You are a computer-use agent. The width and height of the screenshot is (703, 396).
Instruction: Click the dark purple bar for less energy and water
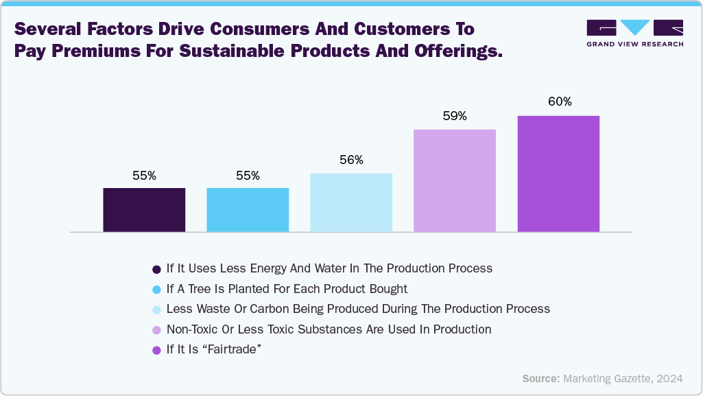pos(144,209)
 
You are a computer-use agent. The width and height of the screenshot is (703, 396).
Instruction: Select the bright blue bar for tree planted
pos(248,209)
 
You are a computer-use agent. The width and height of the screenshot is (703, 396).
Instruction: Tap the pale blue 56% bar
pos(351,202)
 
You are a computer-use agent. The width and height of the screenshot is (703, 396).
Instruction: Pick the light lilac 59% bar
pos(455,180)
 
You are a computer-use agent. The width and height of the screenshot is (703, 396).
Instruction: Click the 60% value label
pos(560,102)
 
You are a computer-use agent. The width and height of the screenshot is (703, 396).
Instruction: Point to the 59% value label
pos(455,116)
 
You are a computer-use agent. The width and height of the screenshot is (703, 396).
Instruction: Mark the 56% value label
pos(351,160)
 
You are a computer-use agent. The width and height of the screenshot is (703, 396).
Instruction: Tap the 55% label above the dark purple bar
pos(144,176)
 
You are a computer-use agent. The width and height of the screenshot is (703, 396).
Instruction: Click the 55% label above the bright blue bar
pos(248,176)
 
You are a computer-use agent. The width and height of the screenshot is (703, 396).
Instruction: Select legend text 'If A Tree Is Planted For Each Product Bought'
pos(287,288)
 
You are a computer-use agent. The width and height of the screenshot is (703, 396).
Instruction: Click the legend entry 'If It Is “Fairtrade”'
pos(215,350)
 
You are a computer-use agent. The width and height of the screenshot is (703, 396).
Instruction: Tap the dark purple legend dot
pos(156,268)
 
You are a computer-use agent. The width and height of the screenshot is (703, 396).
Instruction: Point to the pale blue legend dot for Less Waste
pos(156,310)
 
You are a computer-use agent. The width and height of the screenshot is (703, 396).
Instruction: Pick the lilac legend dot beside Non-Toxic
pos(156,330)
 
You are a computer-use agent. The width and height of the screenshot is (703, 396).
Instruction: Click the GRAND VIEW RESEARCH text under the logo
pos(634,44)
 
